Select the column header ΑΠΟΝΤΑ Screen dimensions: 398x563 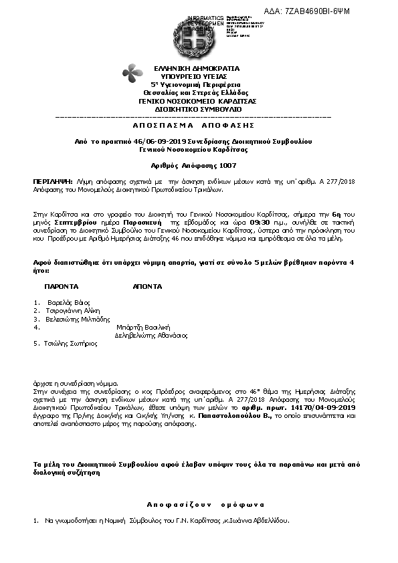click(147, 286)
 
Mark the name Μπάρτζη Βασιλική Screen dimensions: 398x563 click(145, 327)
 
